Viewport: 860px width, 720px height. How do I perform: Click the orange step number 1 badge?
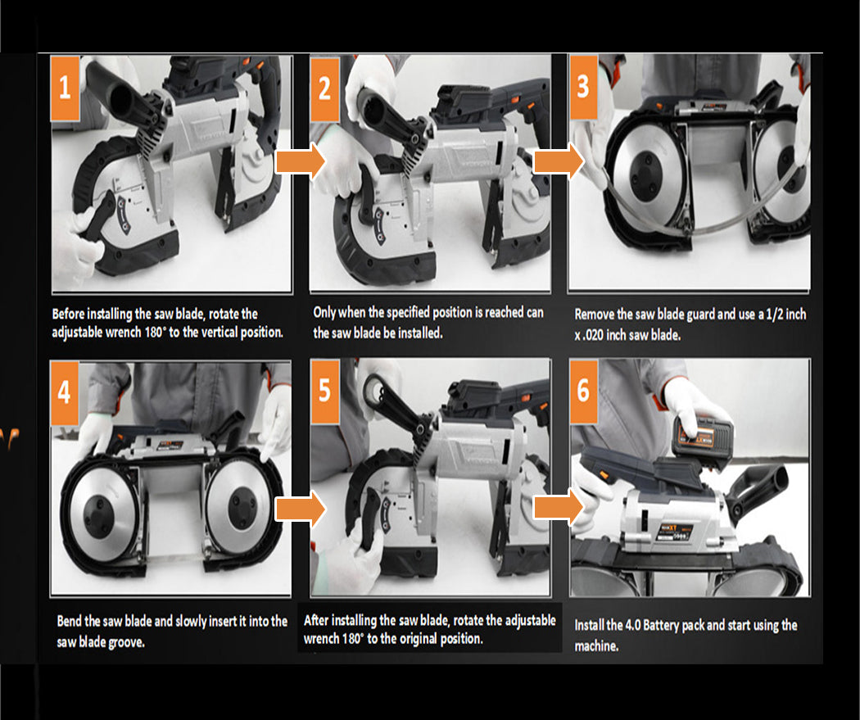click(66, 88)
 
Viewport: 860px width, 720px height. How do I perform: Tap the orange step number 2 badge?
click(324, 88)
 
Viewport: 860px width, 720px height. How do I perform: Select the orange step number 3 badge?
click(583, 87)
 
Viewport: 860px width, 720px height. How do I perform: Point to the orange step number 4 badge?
click(64, 392)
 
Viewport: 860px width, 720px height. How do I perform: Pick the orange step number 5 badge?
click(324, 391)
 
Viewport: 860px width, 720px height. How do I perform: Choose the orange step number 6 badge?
click(583, 391)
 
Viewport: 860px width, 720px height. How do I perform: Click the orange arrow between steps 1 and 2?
click(301, 161)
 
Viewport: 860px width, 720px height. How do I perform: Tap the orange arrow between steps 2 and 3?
click(559, 161)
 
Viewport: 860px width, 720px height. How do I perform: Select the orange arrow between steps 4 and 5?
click(300, 509)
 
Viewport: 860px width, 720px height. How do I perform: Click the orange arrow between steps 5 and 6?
click(559, 507)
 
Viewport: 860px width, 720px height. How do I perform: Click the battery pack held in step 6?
click(703, 436)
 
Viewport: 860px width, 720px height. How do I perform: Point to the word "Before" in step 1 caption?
click(68, 314)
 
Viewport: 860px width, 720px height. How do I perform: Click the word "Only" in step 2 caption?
click(324, 313)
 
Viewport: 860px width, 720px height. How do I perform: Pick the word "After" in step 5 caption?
click(316, 619)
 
